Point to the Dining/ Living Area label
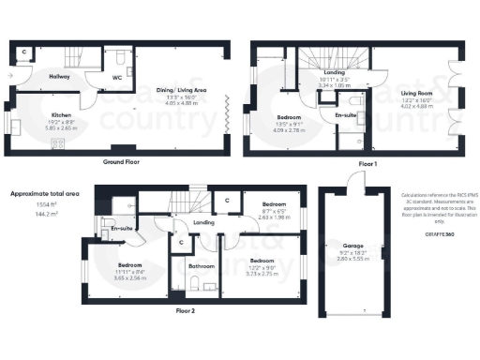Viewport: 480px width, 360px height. [x=187, y=90]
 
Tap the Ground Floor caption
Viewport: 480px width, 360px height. [x=122, y=161]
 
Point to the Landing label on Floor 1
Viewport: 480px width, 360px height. [x=333, y=72]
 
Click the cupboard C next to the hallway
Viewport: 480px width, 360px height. [x=24, y=53]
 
